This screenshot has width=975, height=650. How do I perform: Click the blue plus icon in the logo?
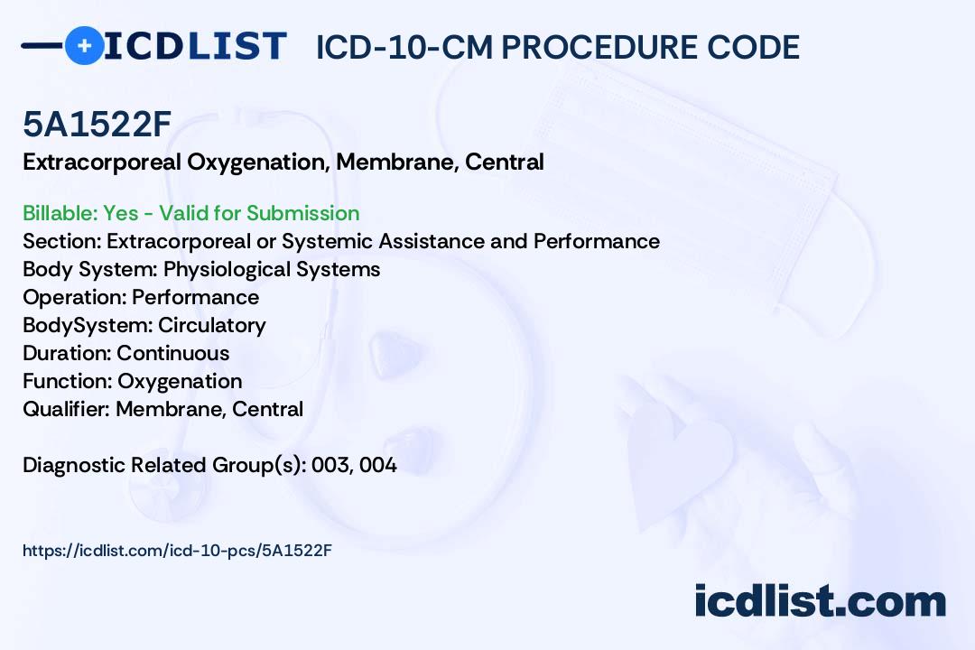84,46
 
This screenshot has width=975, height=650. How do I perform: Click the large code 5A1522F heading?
97,124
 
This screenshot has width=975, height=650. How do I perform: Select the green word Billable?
60,213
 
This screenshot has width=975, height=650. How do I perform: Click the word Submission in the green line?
302,213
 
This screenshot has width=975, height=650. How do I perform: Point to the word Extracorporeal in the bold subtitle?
102,162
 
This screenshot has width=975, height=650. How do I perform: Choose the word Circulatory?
212,325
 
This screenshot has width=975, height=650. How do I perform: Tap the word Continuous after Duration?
172,353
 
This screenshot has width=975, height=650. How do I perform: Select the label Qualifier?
67,409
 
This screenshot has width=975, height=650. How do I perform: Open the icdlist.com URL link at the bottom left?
177,551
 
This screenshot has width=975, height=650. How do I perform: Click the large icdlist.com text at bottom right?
820,601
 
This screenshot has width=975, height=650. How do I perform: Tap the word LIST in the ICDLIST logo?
237,46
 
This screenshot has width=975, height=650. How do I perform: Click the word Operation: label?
75,297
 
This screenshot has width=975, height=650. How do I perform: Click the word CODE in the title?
752,47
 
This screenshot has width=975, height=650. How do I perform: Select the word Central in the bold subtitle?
505,162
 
